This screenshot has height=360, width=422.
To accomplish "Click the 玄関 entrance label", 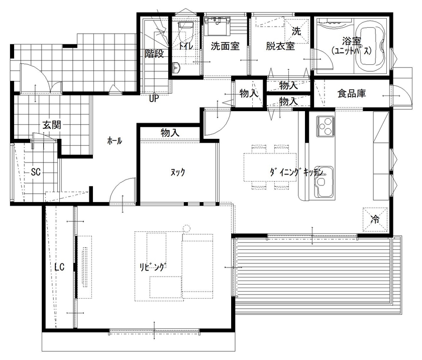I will point(52,125).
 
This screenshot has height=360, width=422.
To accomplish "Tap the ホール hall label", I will point(115,141).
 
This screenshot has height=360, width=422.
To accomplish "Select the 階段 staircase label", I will point(154,53).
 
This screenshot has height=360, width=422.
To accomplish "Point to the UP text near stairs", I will point(154,99).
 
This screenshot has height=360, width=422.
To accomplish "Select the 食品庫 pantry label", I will point(351,93).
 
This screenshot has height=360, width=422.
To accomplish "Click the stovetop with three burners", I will point(325,126).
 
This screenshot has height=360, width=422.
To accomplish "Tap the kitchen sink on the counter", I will point(323,182).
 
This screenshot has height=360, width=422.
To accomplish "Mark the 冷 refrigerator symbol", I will point(375,219).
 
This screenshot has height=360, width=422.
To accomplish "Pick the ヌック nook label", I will point(178,172).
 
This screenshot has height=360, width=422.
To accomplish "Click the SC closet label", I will point(36,171).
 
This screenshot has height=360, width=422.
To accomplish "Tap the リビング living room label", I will point(153,267).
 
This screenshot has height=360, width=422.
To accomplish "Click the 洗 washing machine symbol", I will point(296,31).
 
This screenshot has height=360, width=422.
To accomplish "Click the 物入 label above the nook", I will point(170,133).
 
